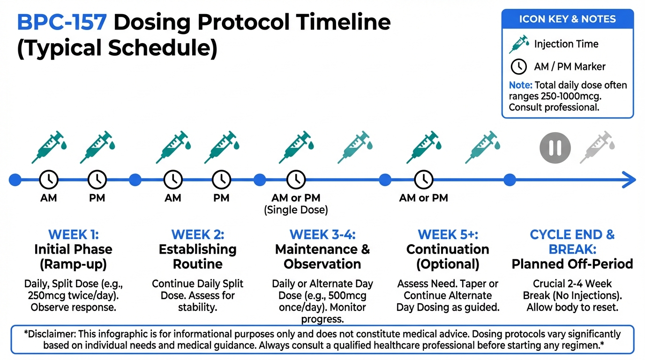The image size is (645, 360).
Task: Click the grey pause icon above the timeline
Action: pos(555,148)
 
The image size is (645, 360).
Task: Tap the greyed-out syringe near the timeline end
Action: pos(597,147)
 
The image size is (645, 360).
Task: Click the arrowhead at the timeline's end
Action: pos(630,180)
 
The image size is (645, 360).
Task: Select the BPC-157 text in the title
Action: pos(62,22)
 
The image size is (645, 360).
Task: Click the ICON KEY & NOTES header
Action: pos(567,19)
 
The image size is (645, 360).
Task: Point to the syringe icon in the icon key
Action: pos(519,45)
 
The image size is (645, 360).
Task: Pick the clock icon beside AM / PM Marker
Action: pos(518,67)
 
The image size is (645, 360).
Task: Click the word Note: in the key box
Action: pos(521,85)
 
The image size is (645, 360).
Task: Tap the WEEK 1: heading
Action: pos(74,234)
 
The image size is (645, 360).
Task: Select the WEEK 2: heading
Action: pos(198,234)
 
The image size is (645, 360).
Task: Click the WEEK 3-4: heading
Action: pos(322,234)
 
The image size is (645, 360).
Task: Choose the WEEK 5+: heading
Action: pos(448,234)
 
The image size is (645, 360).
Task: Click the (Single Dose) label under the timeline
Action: pos(296,210)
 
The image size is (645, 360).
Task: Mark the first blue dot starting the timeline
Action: pos(15,180)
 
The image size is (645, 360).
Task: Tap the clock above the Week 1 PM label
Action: pos(97,180)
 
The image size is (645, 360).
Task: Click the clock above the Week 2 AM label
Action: pos(173,180)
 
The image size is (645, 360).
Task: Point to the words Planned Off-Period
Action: pos(572,264)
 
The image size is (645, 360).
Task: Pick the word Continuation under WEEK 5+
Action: pos(448,249)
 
